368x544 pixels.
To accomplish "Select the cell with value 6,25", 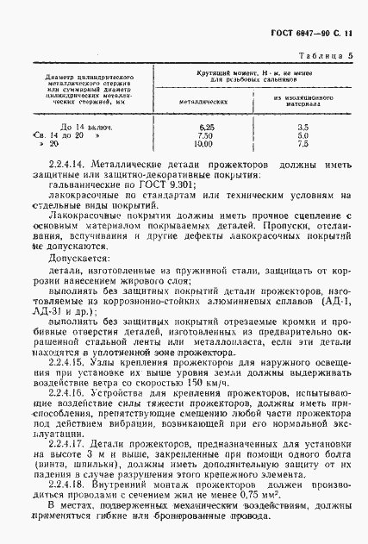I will click(x=204, y=127).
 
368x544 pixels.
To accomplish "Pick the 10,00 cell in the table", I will click(x=204, y=144).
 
